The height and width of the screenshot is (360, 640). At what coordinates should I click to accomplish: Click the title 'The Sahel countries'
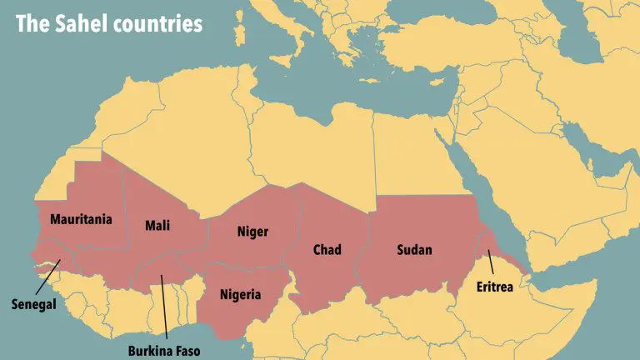click(x=109, y=23)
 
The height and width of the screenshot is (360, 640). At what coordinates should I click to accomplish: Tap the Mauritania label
click(x=81, y=220)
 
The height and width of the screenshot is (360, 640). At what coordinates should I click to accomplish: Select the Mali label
click(x=158, y=225)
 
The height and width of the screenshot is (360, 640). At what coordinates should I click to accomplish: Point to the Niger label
click(x=252, y=232)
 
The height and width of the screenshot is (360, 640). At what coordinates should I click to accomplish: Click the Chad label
click(x=327, y=249)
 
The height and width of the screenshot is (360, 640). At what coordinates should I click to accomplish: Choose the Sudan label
click(x=414, y=249)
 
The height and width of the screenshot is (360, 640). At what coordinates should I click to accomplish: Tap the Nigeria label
click(x=240, y=294)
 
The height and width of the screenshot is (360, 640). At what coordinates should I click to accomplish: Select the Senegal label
click(x=33, y=304)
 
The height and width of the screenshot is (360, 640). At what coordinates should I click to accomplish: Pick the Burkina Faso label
click(x=164, y=351)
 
